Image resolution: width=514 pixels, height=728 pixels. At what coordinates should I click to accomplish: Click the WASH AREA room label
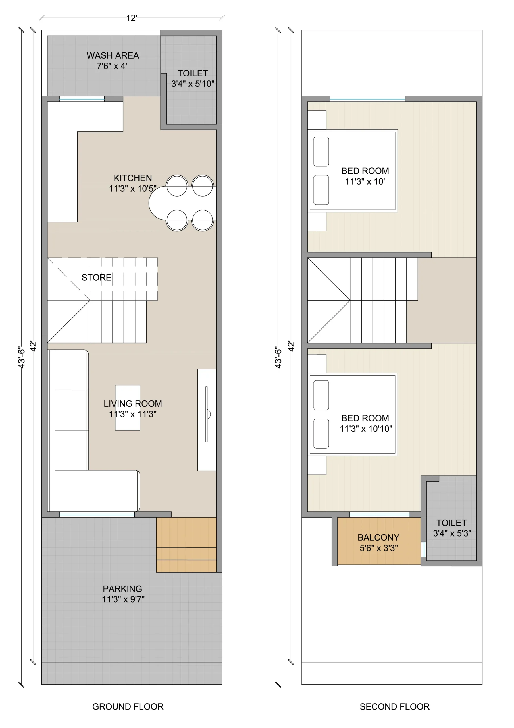[113, 55]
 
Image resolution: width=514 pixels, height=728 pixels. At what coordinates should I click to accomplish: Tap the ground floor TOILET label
[193, 73]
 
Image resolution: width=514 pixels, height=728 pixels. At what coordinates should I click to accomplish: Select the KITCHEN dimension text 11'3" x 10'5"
[133, 189]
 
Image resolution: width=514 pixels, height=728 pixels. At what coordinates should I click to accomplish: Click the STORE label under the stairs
[96, 278]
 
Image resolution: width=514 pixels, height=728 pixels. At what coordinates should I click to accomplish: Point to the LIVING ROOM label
[133, 404]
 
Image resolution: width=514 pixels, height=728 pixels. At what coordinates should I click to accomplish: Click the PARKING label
[122, 589]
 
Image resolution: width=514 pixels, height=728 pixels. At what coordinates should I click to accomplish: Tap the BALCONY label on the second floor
[378, 537]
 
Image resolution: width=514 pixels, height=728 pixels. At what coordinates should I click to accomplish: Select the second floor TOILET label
[451, 523]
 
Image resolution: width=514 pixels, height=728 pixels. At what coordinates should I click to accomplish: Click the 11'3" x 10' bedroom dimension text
[365, 182]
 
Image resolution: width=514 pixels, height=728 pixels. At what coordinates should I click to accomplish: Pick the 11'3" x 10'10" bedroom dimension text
[366, 429]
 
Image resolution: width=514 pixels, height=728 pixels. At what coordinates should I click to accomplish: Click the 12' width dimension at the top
[132, 18]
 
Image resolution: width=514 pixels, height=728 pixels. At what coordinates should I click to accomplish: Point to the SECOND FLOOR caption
[395, 706]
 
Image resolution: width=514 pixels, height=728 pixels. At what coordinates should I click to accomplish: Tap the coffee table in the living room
[127, 408]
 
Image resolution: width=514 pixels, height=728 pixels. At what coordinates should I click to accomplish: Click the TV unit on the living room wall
[207, 420]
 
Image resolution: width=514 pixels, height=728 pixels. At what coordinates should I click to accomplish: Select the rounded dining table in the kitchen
[182, 203]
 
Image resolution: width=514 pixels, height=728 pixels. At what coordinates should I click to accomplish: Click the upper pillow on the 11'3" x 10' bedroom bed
[321, 152]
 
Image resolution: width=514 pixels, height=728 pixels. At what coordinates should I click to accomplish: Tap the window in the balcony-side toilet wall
[424, 549]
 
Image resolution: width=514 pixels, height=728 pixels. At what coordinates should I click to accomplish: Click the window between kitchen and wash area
[82, 99]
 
